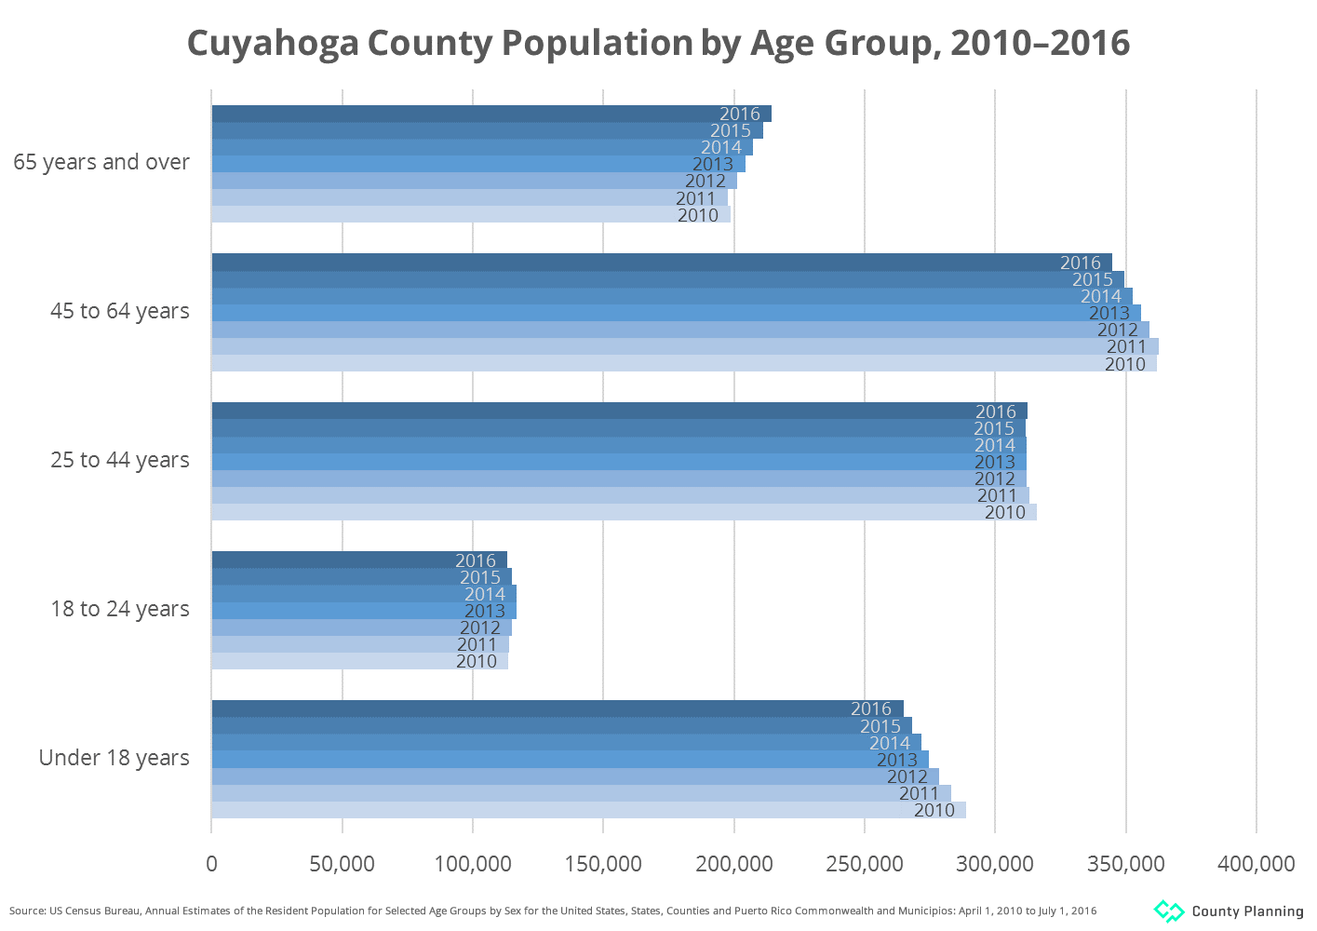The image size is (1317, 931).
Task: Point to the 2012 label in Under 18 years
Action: tap(907, 776)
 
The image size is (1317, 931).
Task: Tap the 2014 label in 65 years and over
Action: tap(721, 147)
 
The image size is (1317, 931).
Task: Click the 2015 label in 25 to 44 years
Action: tap(994, 428)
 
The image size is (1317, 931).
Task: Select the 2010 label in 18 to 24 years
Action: tap(477, 661)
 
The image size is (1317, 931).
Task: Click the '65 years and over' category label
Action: tap(101, 162)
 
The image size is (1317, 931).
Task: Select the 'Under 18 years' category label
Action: tap(114, 758)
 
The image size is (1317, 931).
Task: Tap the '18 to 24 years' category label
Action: tap(120, 609)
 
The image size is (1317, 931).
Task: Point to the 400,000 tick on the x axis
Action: tap(1256, 864)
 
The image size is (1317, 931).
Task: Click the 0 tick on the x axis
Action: tap(212, 864)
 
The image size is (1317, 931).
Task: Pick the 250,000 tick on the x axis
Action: tap(865, 864)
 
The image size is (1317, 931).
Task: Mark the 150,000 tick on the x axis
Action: tap(603, 864)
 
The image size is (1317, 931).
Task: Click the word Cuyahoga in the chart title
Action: tap(273, 43)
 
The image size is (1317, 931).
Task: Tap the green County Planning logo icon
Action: tap(1169, 911)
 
